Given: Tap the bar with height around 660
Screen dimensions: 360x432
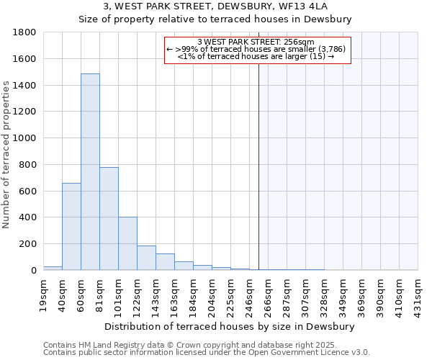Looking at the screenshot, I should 71,226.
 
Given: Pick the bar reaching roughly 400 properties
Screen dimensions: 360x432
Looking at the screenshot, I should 127,243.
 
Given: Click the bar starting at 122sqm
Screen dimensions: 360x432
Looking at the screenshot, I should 146,258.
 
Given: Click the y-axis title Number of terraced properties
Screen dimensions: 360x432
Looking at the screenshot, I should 6,155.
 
